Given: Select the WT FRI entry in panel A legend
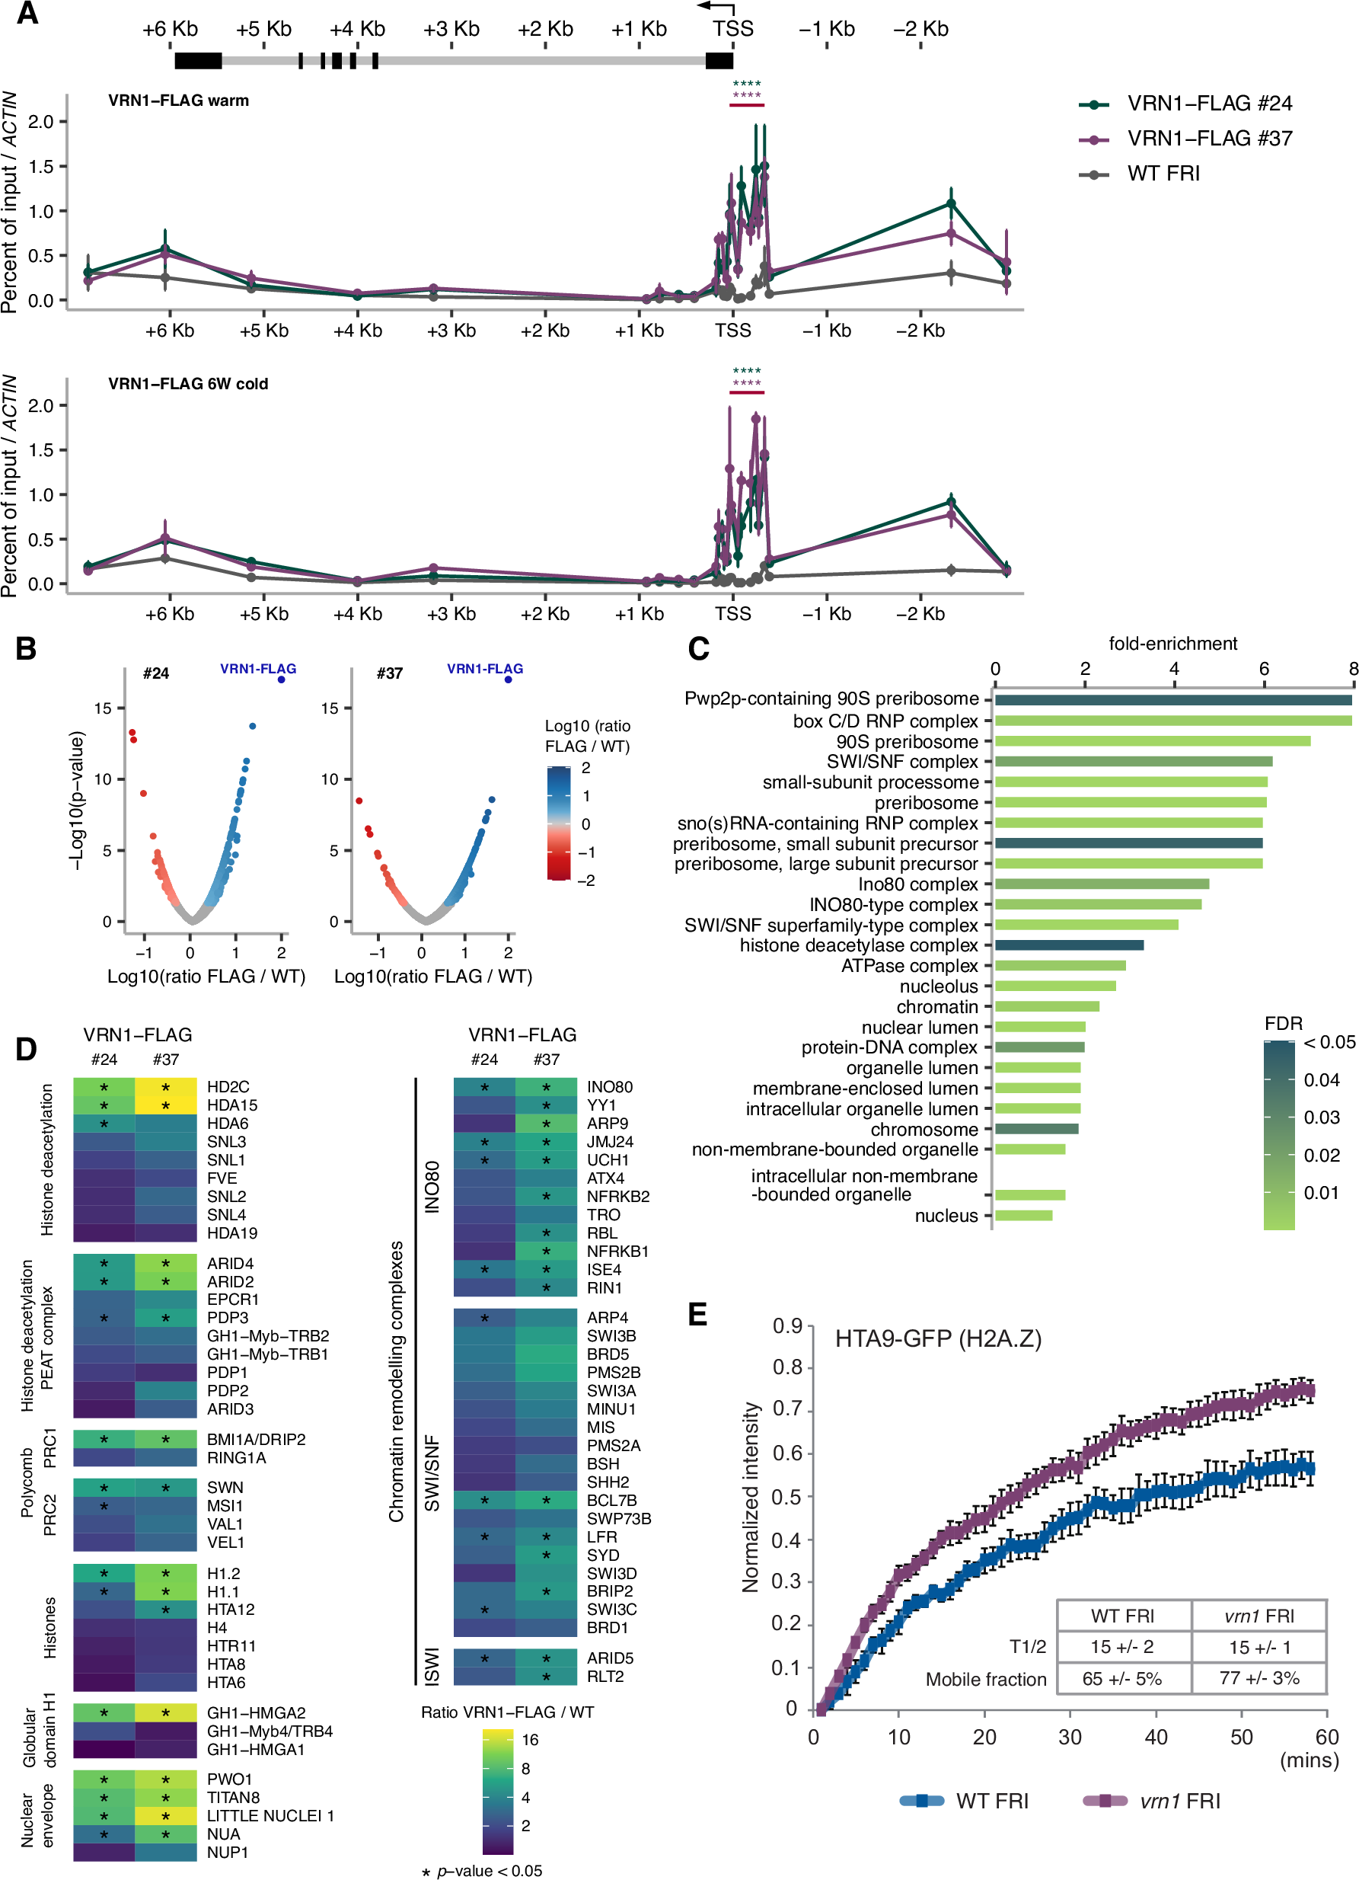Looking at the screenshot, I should [x=1163, y=173].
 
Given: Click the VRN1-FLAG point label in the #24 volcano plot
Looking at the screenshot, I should [x=257, y=668].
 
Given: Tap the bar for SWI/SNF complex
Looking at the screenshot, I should [x=1133, y=761].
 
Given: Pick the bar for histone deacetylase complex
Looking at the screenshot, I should [x=1069, y=945].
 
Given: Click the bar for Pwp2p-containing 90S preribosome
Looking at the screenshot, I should [x=1172, y=699].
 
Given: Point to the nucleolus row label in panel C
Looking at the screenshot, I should [x=938, y=986].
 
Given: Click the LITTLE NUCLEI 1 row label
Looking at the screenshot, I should [x=270, y=1815].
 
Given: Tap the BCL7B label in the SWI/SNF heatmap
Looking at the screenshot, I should [x=611, y=1500].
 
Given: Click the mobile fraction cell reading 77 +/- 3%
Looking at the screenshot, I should [x=1259, y=1679].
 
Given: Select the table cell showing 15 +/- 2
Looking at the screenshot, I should [x=1122, y=1647].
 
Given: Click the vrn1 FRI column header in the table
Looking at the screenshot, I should [x=1259, y=1616].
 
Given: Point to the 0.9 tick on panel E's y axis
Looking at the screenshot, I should [x=787, y=1326].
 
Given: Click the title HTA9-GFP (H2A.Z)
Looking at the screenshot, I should [x=938, y=1338].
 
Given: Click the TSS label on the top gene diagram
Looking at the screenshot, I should [x=732, y=29].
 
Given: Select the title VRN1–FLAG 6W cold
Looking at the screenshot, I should [x=188, y=384].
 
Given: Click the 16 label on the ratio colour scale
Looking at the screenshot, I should [x=531, y=1740].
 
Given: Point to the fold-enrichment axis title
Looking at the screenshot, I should [x=1172, y=643].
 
